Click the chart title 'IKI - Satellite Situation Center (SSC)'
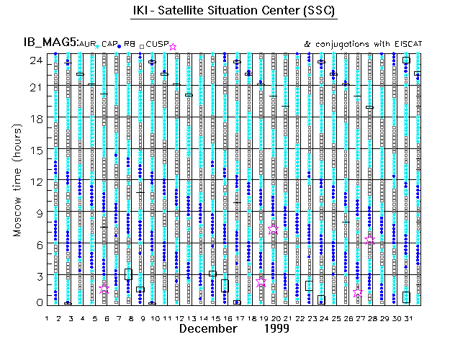click(x=235, y=12)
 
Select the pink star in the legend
click(x=172, y=47)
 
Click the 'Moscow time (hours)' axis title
click(x=16, y=180)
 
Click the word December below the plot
click(x=208, y=328)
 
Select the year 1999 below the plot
click(x=276, y=328)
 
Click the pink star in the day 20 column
click(x=273, y=230)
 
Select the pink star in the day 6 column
click(x=105, y=289)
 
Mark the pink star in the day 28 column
click(x=370, y=239)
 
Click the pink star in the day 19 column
click(x=261, y=282)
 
